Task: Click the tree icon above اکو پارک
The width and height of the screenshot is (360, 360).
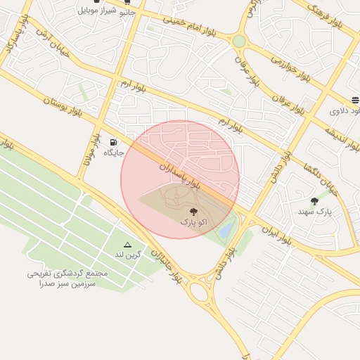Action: (193, 210)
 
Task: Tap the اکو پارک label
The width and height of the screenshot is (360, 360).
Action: (193, 221)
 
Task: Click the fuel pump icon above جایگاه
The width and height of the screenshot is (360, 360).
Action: (114, 141)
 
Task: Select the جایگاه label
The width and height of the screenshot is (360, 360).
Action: (114, 152)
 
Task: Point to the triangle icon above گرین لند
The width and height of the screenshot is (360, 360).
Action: (127, 244)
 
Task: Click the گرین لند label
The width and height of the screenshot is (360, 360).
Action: (128, 254)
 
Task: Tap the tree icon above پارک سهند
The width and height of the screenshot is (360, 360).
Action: (314, 201)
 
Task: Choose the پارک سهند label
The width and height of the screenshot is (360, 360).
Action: (314, 211)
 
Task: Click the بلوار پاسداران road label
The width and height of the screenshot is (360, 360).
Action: (179, 174)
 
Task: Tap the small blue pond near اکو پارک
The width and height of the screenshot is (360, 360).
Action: (226, 229)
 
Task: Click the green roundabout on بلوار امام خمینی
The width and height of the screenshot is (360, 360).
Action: (239, 41)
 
